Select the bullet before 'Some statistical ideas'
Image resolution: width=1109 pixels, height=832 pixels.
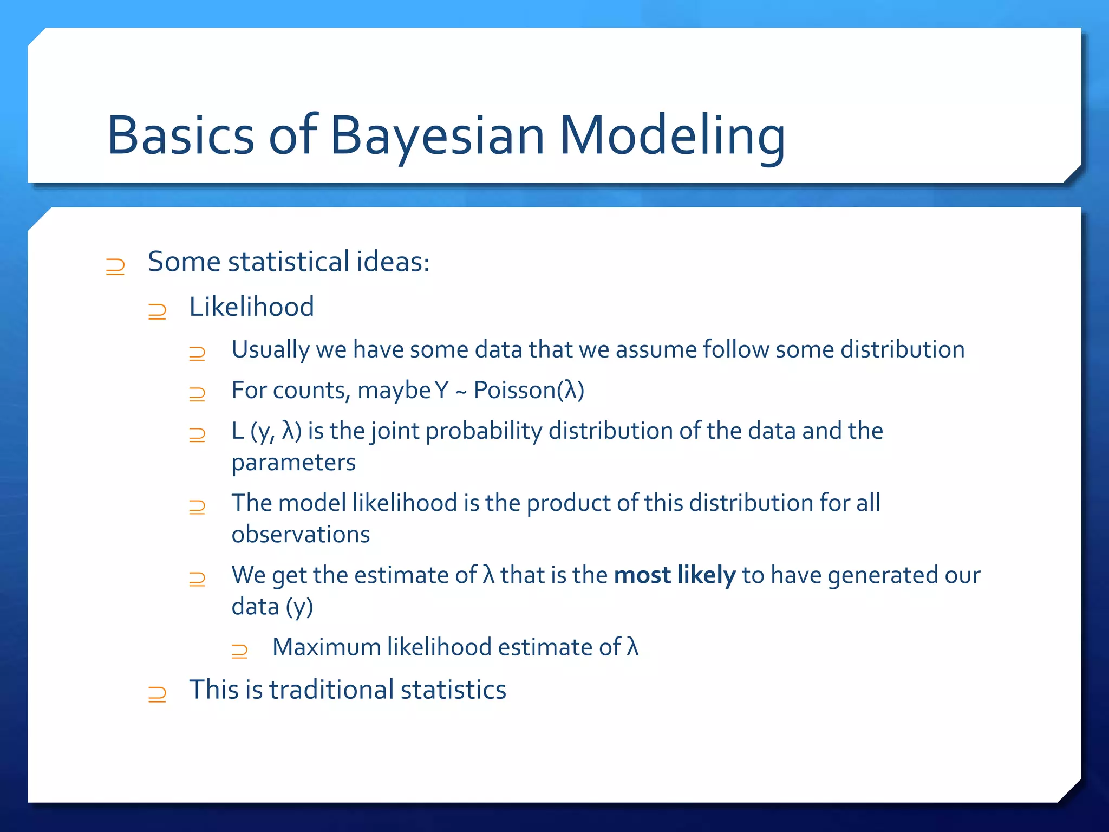[115, 266]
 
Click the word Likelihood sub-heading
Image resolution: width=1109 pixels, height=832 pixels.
[251, 307]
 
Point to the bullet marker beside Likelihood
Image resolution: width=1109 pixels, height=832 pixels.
[157, 311]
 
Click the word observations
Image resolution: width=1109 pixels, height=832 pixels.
[301, 535]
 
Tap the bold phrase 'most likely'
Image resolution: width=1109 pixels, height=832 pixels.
[674, 575]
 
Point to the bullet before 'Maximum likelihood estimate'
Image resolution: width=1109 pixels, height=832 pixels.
[239, 651]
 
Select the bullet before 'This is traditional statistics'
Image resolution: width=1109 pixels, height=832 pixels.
[157, 694]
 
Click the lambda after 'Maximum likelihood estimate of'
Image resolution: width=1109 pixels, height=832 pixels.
[632, 647]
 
